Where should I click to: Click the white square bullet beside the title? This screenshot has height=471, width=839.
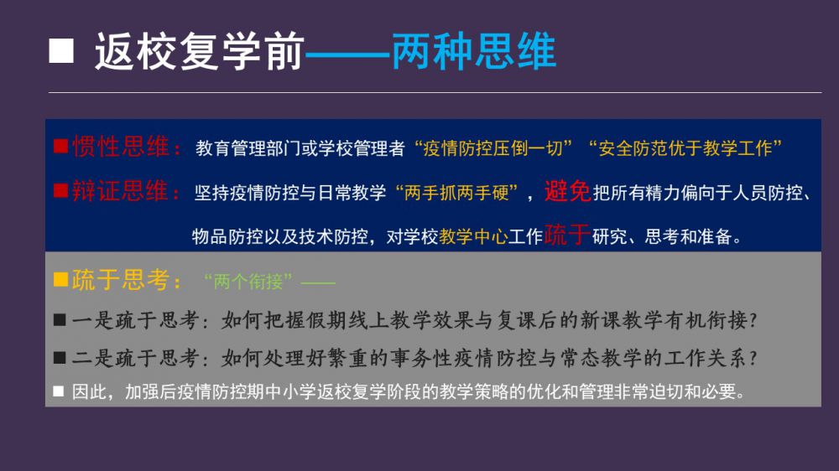pos(61,51)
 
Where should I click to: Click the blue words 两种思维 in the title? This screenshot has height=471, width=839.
pos(474,51)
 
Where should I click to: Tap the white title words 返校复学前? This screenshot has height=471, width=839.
pos(200,51)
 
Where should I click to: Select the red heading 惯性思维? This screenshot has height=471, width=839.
pos(121,147)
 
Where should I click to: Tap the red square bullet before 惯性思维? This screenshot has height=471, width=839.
pos(60,147)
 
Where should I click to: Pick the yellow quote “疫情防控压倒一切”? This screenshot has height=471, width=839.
pos(493,148)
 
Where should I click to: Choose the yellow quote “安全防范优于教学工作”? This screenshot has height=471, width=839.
pos(685,148)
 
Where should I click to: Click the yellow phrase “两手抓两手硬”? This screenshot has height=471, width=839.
pos(456,193)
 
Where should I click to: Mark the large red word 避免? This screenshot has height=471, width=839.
pos(567,191)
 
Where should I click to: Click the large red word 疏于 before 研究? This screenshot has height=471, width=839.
pos(567,235)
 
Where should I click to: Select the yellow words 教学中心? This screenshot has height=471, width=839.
pos(473,236)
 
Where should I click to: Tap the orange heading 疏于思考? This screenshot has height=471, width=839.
pos(121,280)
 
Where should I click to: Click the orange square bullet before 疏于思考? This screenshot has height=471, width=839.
pos(60,279)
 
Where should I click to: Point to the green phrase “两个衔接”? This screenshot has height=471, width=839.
pos(248,282)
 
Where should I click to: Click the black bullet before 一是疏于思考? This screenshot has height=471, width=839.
pos(60,320)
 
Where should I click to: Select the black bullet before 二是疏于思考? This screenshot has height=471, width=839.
pos(60,358)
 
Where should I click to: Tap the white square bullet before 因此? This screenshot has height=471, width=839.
pos(59,391)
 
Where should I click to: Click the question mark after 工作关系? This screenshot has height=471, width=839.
pos(753,358)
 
